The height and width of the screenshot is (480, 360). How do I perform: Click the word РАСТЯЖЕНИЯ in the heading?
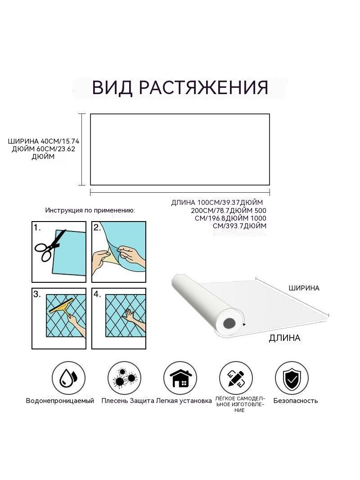pyautogui.click(x=203, y=87)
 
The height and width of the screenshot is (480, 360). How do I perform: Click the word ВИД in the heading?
pyautogui.click(x=112, y=87)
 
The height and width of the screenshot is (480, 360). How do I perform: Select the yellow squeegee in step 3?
pyautogui.click(x=62, y=306)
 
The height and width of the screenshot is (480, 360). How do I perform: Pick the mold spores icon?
pyautogui.click(x=124, y=378)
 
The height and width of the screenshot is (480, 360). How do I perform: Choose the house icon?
pyautogui.click(x=180, y=378)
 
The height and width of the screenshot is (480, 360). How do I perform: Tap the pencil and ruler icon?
pyautogui.click(x=236, y=378)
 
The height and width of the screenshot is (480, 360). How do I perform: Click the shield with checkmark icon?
pyautogui.click(x=292, y=379)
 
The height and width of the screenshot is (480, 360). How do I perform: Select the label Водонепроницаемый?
pyautogui.click(x=60, y=401)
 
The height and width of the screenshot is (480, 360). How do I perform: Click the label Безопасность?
pyautogui.click(x=296, y=401)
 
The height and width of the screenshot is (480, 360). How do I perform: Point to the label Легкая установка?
pyautogui.click(x=184, y=401)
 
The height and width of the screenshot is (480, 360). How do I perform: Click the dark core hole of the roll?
pyautogui.click(x=229, y=323)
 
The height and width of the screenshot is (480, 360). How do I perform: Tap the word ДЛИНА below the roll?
pyautogui.click(x=284, y=338)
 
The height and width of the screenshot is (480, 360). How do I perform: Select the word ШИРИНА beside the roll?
pyautogui.click(x=304, y=288)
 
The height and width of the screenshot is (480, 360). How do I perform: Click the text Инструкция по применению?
pyautogui.click(x=90, y=210)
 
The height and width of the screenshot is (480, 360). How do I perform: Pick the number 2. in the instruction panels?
pyautogui.click(x=97, y=227)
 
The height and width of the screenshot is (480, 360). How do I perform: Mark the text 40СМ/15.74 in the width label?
pyautogui.click(x=60, y=141)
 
